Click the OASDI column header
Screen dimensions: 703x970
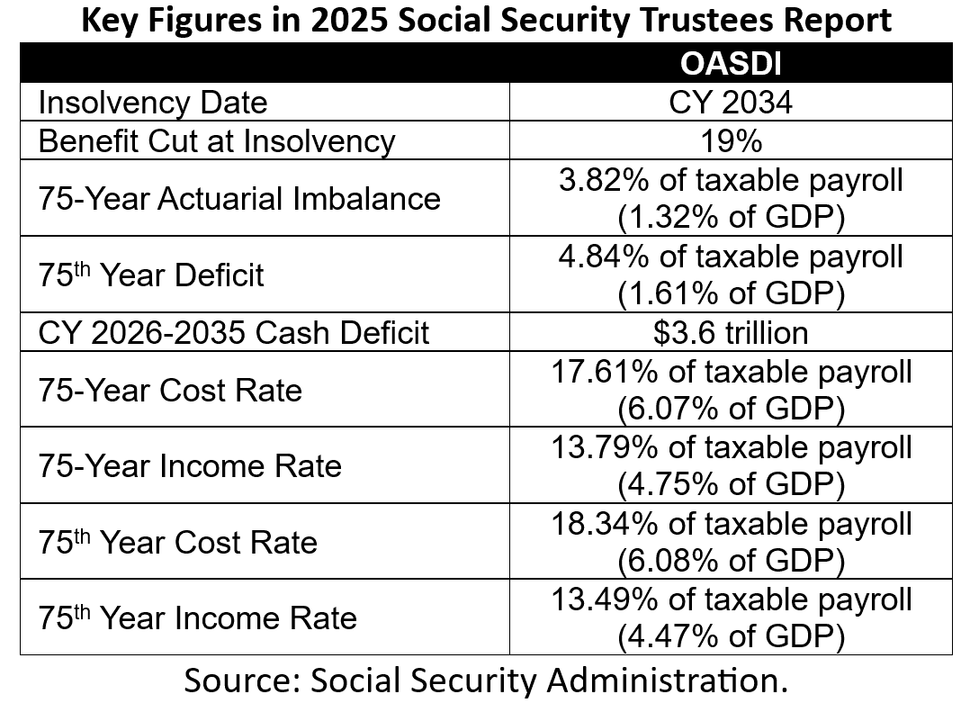pyautogui.click(x=730, y=64)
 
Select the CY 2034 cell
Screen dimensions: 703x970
pyautogui.click(x=730, y=102)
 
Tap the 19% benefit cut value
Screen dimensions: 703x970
pyautogui.click(x=730, y=140)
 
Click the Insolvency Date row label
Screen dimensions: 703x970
pyautogui.click(x=152, y=102)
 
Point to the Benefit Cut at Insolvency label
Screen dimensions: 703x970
pyautogui.click(x=216, y=140)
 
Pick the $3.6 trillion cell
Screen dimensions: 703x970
pyautogui.click(x=730, y=332)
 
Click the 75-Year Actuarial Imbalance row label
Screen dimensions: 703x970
pyautogui.click(x=239, y=197)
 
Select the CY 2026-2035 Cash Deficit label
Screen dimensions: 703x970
pyautogui.click(x=233, y=332)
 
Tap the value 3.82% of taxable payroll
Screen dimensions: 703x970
pyautogui.click(x=730, y=180)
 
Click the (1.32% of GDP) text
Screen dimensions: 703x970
pyautogui.click(x=730, y=217)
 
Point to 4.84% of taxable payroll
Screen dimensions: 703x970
pyautogui.click(x=730, y=257)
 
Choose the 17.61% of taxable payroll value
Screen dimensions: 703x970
pyautogui.click(x=730, y=372)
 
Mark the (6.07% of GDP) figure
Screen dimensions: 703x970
pyautogui.click(x=730, y=409)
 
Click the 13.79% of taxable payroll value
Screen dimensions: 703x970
pyautogui.click(x=730, y=447)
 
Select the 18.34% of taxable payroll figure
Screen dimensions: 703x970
pyautogui.click(x=730, y=524)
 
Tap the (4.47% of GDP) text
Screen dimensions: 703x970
pyautogui.click(x=730, y=637)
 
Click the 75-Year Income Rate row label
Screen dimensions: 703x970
pyautogui.click(x=189, y=466)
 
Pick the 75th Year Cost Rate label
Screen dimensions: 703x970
pyautogui.click(x=177, y=542)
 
